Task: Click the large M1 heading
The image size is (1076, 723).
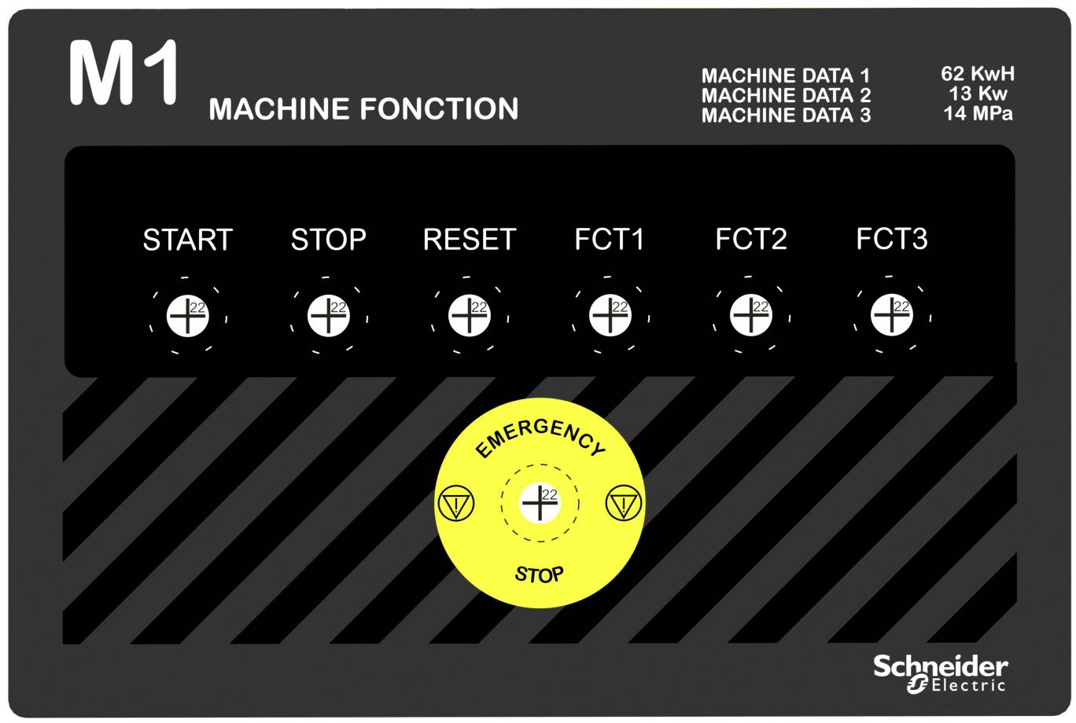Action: [123, 72]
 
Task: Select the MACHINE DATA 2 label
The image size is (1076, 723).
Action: [786, 95]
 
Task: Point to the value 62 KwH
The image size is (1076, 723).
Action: [978, 73]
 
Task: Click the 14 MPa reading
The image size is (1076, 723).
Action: [978, 113]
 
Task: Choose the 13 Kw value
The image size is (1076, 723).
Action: [978, 94]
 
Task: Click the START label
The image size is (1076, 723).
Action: [188, 239]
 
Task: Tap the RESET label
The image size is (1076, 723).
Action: [470, 239]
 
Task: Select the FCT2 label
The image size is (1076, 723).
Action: [751, 239]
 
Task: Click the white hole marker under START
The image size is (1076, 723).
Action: [188, 316]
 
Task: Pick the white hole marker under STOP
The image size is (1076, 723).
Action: [329, 316]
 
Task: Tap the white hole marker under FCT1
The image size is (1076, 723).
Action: [610, 315]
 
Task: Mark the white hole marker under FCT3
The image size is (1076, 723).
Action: [891, 315]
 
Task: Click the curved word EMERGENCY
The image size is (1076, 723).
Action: [540, 435]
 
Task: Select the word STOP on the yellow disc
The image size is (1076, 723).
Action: [539, 574]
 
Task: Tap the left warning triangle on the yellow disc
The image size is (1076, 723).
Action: [456, 503]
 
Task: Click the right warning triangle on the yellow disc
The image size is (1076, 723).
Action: [624, 503]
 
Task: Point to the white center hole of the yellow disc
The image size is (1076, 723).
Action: [540, 503]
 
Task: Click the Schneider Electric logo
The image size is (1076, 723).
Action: [940, 673]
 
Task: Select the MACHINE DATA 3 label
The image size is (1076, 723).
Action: [786, 116]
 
